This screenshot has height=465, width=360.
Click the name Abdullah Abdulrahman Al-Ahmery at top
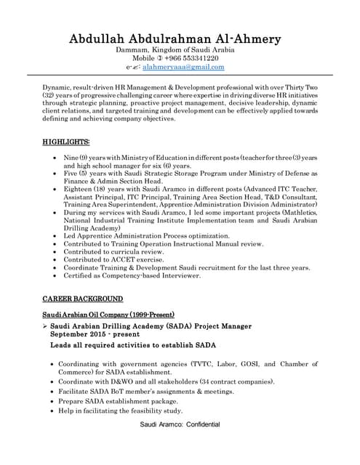click(x=180, y=38)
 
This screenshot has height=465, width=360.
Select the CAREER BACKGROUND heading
click(x=82, y=299)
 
